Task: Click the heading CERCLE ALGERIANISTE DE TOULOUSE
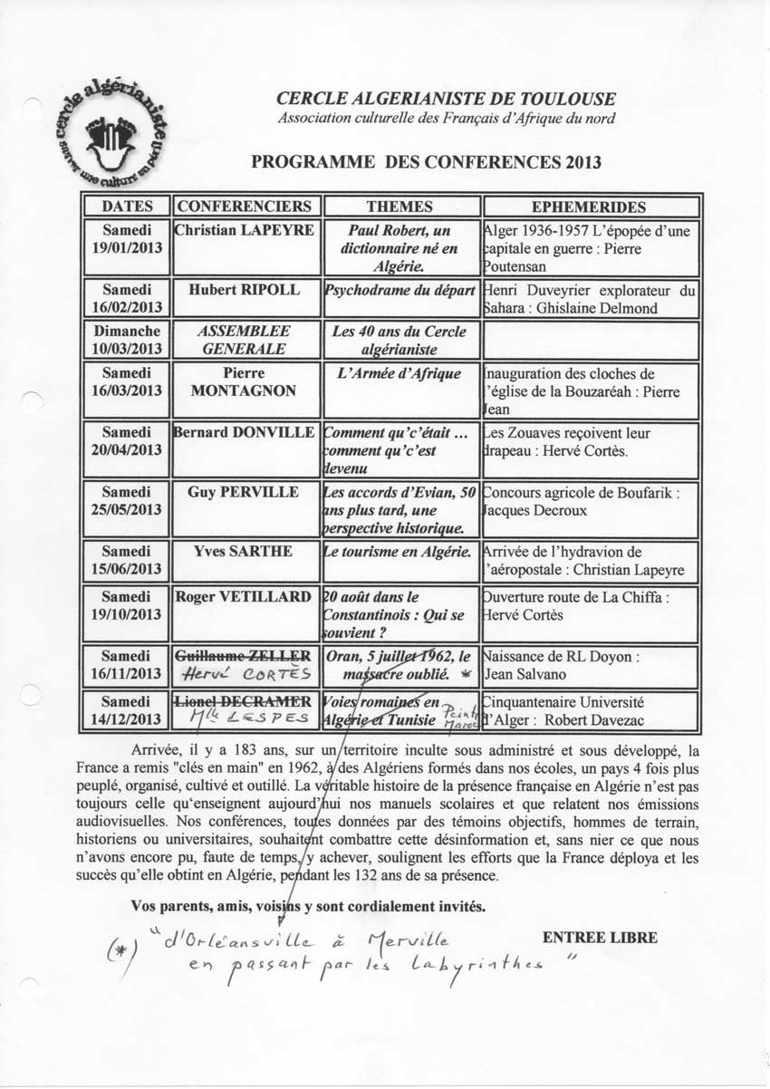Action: point(446,99)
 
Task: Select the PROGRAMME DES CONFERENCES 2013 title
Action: point(426,163)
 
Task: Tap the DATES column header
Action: point(127,207)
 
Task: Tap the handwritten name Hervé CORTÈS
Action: point(245,674)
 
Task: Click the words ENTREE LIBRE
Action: point(600,938)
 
